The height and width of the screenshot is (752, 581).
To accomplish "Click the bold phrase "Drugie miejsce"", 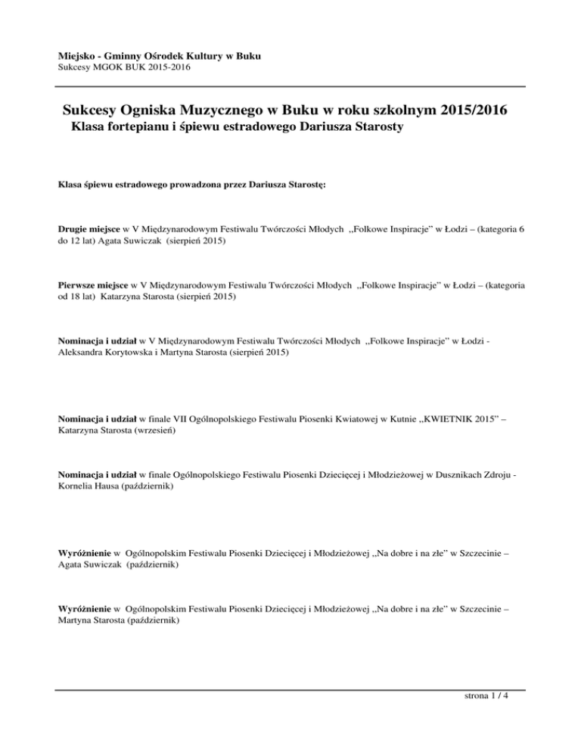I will [x=89, y=227].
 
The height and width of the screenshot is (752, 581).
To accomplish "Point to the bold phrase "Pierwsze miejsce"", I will [x=93, y=285].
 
